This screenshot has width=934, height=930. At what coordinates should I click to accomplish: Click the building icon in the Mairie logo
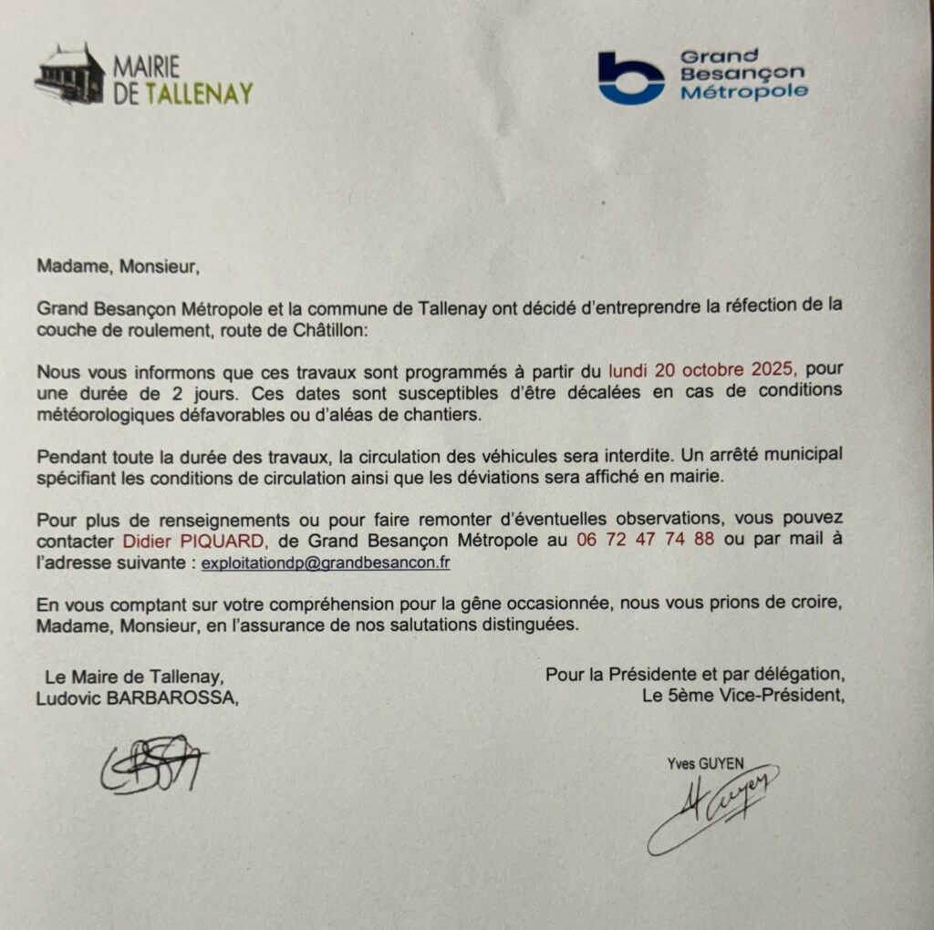tap(69, 74)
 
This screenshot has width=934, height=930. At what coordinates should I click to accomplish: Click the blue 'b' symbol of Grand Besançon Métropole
tap(630, 77)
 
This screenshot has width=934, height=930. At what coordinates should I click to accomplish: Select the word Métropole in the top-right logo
tap(744, 91)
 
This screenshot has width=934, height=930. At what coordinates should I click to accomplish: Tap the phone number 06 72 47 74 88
tap(645, 541)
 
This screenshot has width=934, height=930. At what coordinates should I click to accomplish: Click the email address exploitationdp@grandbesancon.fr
tap(326, 563)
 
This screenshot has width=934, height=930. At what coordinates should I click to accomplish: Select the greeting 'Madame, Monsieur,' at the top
tap(117, 268)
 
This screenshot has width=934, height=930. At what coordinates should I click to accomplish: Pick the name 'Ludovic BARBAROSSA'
tap(141, 698)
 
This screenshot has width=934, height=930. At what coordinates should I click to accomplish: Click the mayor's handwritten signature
tap(151, 763)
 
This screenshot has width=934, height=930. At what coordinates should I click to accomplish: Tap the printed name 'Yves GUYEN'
tap(705, 764)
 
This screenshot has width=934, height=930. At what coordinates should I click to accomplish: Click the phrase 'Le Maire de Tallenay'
tap(133, 677)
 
